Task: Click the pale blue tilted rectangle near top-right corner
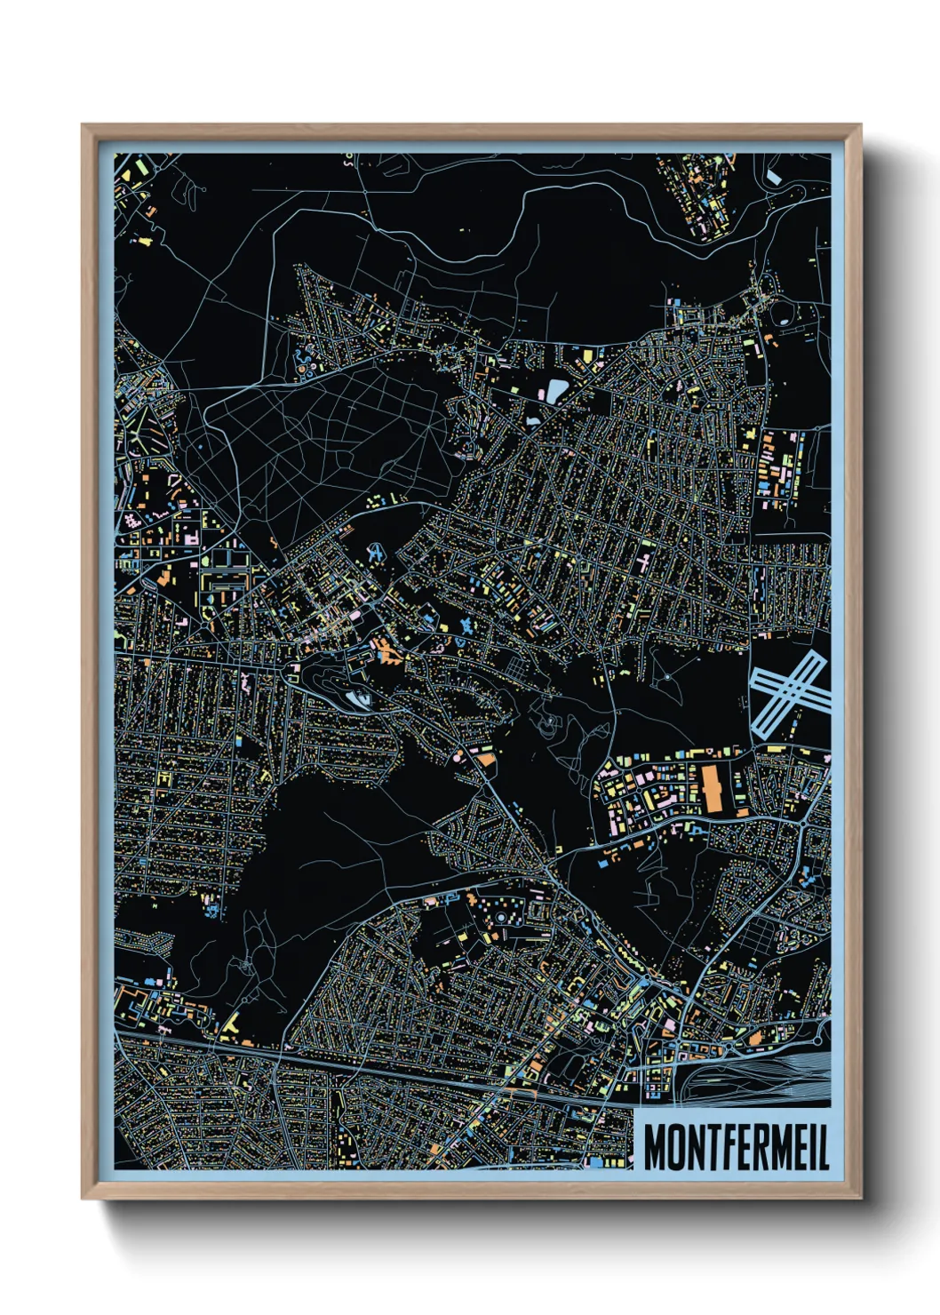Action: tap(774, 177)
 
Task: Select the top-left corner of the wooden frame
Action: tap(83, 125)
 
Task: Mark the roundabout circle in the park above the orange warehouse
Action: tap(666, 678)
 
